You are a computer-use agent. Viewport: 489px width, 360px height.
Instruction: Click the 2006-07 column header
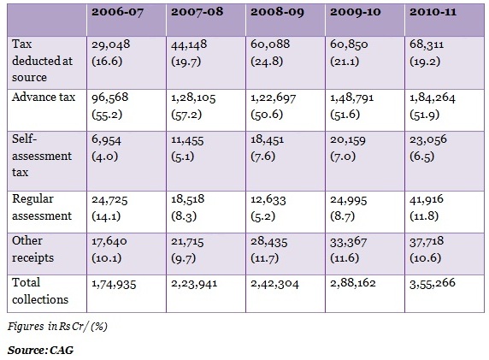click(118, 12)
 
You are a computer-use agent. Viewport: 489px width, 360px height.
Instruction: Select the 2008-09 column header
click(277, 12)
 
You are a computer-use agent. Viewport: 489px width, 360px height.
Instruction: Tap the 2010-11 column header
click(433, 12)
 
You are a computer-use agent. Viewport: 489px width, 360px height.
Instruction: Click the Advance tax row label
click(44, 97)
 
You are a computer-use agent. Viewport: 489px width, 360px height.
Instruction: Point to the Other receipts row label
click(32, 249)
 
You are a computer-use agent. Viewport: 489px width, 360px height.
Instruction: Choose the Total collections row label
click(40, 291)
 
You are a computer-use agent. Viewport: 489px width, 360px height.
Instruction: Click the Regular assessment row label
click(42, 208)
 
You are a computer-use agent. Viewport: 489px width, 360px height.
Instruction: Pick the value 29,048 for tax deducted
click(111, 44)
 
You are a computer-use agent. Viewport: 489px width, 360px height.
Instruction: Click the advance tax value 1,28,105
click(193, 98)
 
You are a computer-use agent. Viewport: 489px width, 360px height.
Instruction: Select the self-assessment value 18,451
click(268, 139)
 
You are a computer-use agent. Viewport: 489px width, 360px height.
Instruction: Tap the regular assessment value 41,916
click(427, 199)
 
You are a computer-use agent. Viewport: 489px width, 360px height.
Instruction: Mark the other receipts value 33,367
click(348, 242)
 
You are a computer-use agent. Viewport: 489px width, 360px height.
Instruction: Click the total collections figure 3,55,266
click(433, 283)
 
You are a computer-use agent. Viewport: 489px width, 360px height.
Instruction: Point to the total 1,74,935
click(114, 284)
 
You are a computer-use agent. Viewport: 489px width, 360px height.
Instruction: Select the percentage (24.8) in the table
click(267, 62)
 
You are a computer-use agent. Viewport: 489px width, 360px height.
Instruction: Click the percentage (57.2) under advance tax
click(186, 115)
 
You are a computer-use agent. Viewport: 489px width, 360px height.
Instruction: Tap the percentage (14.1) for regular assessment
click(106, 216)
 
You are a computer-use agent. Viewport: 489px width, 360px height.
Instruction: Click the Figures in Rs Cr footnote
click(57, 327)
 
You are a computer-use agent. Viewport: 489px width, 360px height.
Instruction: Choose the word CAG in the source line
click(62, 350)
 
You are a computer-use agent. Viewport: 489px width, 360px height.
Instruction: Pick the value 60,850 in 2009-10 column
click(349, 44)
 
